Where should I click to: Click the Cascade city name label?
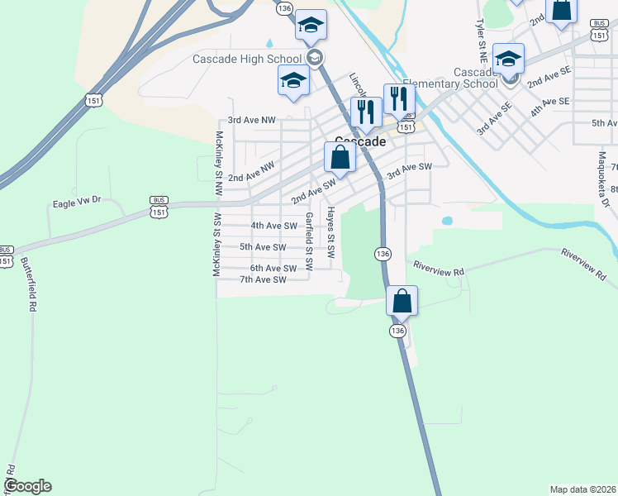(x=360, y=142)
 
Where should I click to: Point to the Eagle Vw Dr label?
(x=76, y=202)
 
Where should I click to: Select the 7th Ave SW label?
(x=262, y=279)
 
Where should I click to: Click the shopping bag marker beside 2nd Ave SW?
(x=340, y=155)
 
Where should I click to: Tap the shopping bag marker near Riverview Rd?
(x=402, y=300)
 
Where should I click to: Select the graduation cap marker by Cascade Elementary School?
(x=508, y=59)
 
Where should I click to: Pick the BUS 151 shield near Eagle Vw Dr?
(x=159, y=207)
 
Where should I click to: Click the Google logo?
(x=27, y=486)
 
